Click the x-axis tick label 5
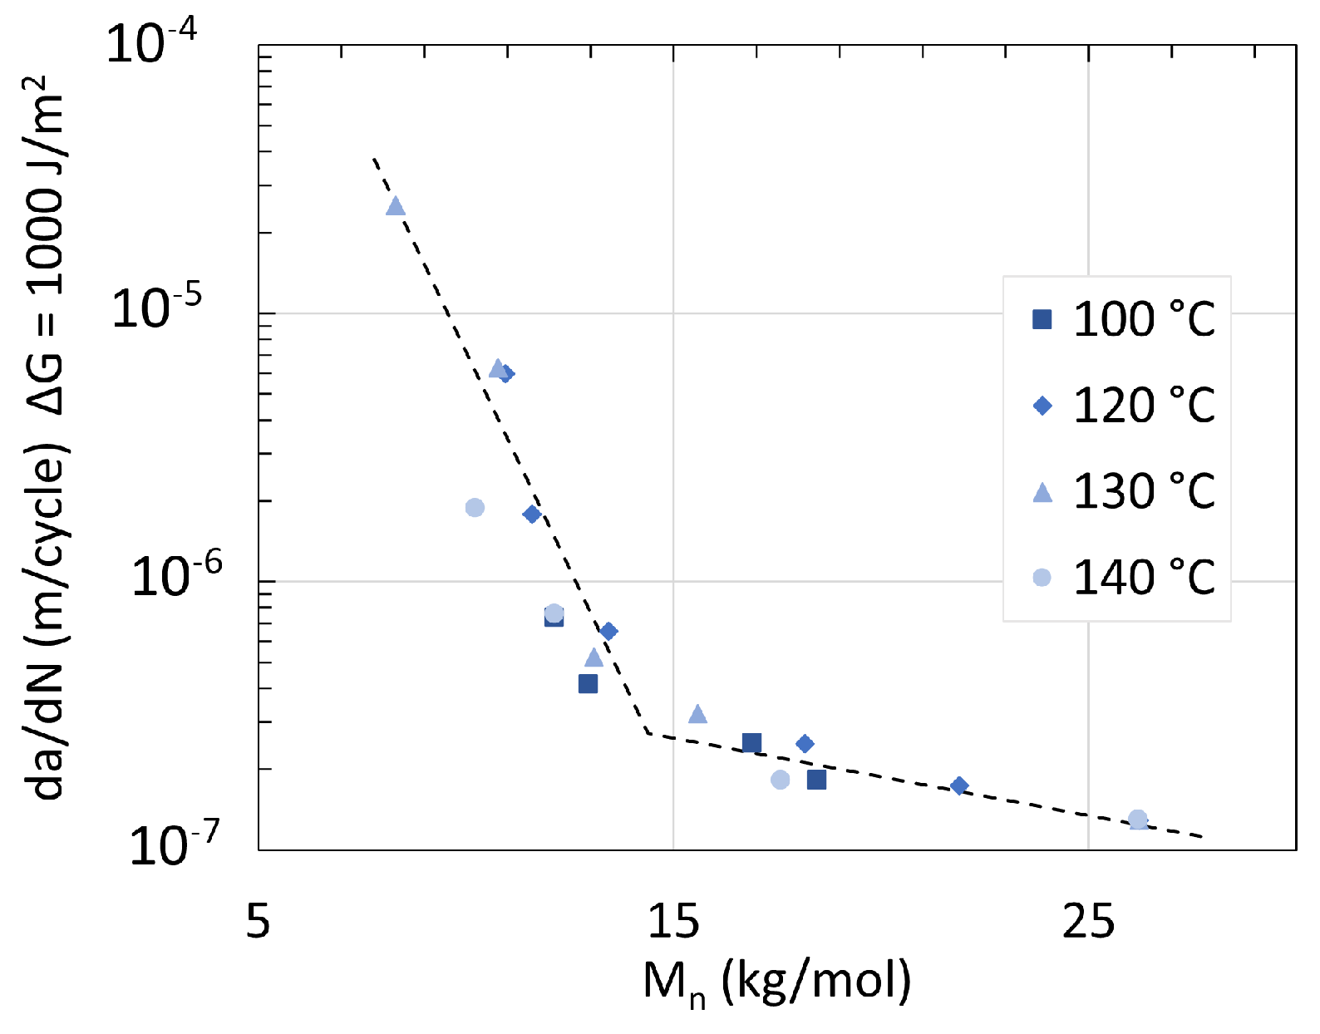259,921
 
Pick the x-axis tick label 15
672,921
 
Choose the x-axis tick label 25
1087,921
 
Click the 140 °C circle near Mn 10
475,507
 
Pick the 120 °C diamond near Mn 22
959,785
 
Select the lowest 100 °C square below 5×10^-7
588,684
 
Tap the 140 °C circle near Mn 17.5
780,780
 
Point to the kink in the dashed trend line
648,732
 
